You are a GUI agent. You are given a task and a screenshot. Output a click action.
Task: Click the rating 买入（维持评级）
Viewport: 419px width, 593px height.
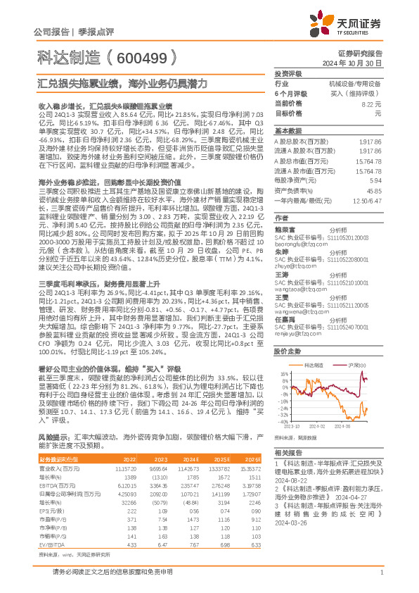358,92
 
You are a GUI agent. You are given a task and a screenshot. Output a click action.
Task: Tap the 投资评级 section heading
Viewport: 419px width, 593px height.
288,73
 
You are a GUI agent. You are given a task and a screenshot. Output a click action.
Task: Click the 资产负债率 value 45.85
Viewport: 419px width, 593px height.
374,190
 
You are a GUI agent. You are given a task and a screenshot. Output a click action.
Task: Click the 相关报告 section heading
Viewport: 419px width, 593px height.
288,451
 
